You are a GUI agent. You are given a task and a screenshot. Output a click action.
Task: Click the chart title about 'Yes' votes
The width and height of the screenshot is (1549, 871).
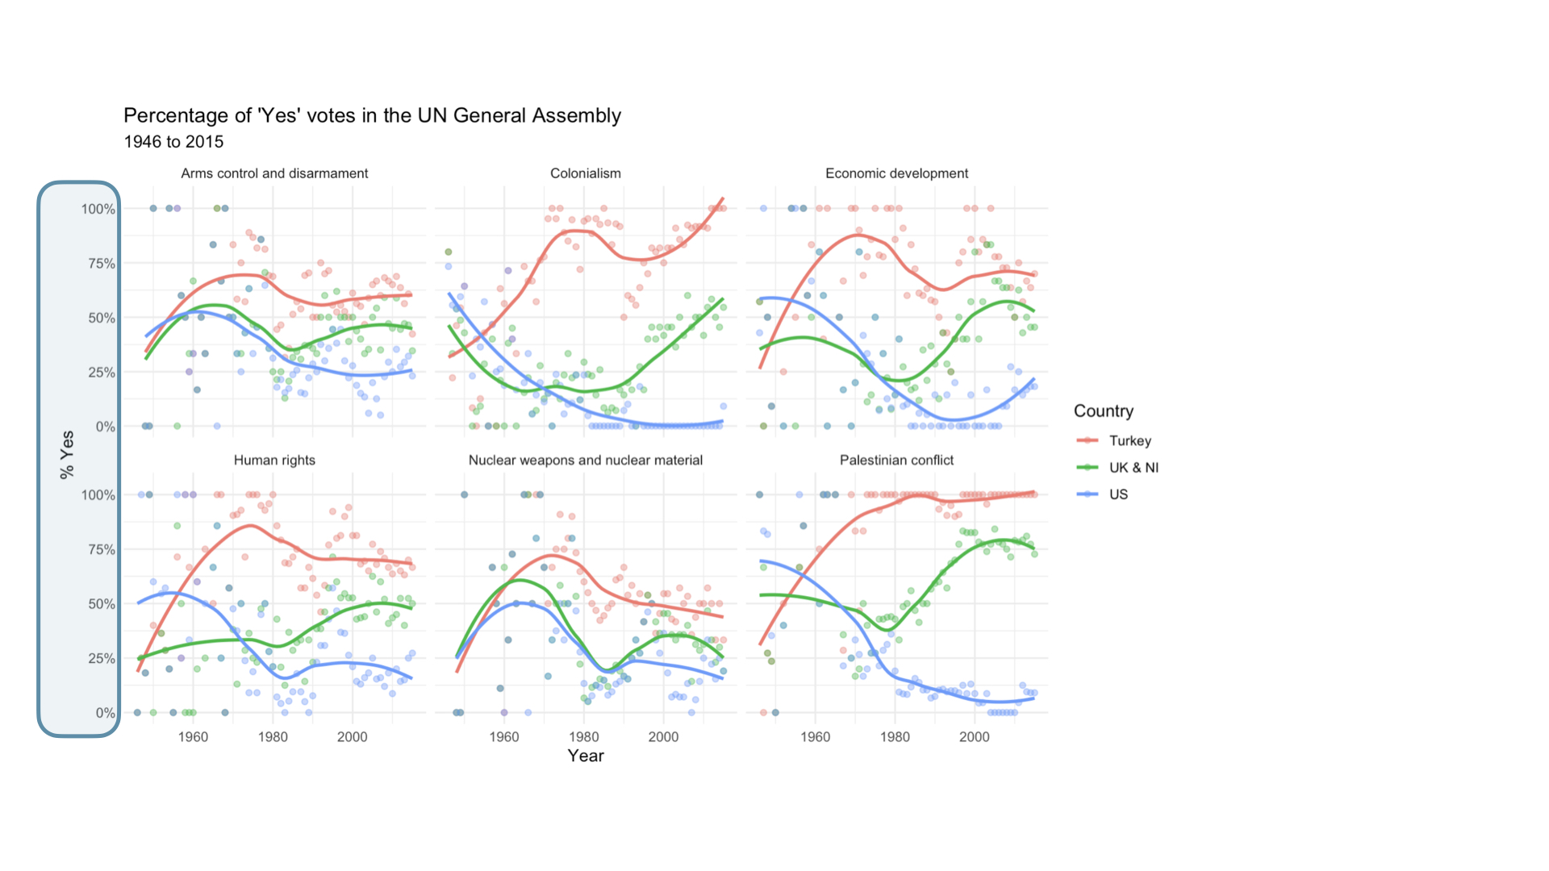[x=372, y=115]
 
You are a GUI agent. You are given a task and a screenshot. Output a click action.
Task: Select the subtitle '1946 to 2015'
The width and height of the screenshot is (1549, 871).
[x=173, y=142]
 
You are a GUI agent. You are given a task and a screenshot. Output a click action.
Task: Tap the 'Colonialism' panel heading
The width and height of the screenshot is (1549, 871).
[x=585, y=173]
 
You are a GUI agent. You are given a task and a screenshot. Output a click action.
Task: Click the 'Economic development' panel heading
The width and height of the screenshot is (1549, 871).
[x=896, y=173]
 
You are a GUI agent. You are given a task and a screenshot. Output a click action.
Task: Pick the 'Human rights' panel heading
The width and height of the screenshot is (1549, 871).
[x=274, y=461]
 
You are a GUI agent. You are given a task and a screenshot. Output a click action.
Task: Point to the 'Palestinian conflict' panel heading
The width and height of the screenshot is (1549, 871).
[x=896, y=461]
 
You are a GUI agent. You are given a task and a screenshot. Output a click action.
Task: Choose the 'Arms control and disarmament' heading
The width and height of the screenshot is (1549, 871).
[x=274, y=173]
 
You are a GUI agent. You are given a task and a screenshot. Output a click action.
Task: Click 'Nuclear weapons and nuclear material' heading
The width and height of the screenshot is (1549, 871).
[x=585, y=461]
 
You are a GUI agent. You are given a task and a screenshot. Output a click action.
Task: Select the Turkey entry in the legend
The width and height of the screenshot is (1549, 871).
[x=1129, y=441]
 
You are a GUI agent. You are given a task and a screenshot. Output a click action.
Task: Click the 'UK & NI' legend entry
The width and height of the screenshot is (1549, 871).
[x=1133, y=468]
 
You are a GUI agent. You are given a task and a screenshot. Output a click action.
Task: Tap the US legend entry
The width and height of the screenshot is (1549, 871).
[x=1118, y=494]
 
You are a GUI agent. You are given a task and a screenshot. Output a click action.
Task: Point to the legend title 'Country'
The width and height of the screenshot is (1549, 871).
[x=1103, y=411]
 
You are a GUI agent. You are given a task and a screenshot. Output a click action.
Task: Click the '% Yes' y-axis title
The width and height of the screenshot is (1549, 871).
[x=67, y=455]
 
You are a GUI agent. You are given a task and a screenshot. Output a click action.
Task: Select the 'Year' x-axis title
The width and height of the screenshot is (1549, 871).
[x=585, y=756]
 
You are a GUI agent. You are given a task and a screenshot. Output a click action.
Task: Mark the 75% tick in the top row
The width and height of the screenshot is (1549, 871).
[x=98, y=264]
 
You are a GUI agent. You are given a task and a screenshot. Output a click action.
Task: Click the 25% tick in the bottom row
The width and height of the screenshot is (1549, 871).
[x=98, y=659]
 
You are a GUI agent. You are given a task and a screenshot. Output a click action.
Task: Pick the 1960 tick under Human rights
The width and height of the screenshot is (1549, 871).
[x=193, y=736]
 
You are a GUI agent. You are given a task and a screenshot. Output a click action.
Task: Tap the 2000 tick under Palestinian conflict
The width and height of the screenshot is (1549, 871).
[x=974, y=736]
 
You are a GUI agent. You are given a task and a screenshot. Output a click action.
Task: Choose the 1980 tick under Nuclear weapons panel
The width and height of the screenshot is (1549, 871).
[x=583, y=736]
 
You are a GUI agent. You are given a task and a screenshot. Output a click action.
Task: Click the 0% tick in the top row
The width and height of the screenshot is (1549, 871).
[x=105, y=427]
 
